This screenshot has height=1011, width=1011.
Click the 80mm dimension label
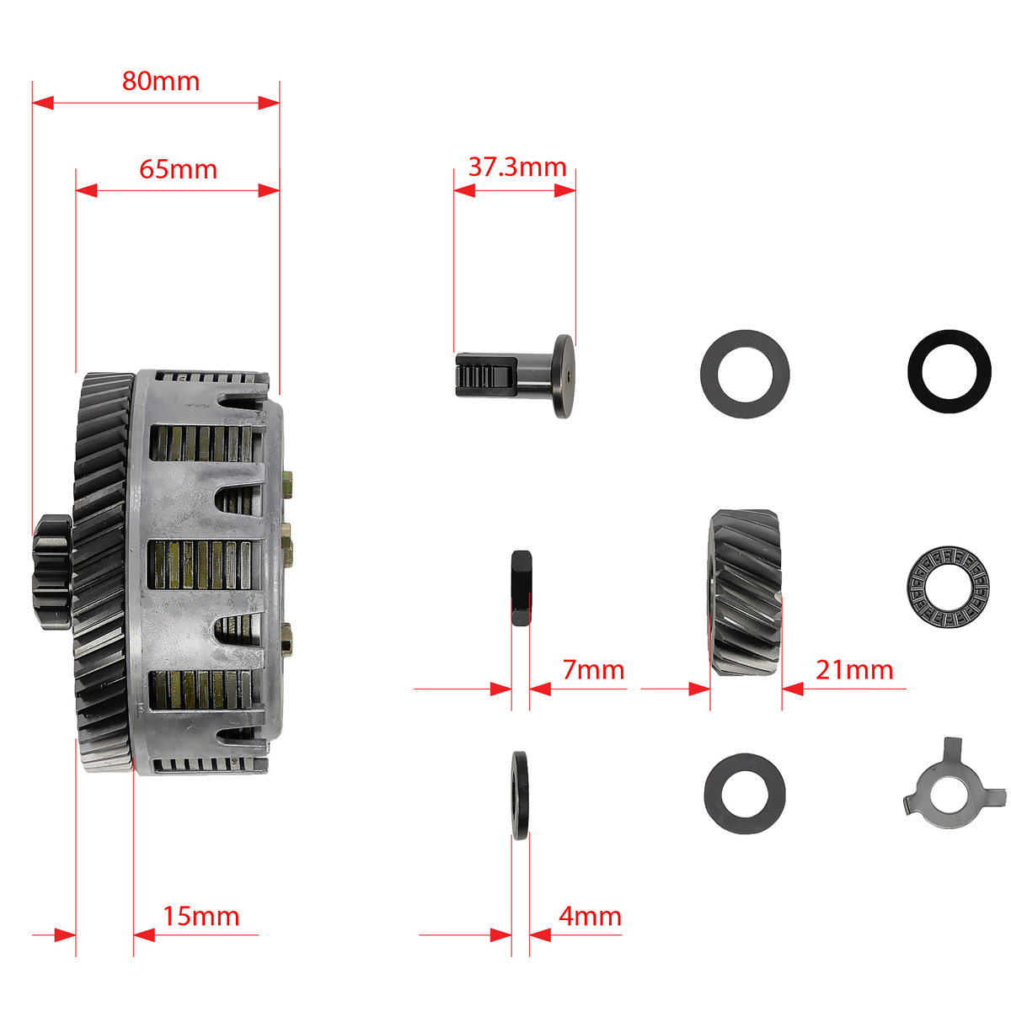tap(161, 82)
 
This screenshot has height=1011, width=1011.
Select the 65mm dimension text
tap(178, 170)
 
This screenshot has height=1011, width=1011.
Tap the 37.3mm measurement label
tap(517, 168)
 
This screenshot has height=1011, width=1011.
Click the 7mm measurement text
tap(593, 670)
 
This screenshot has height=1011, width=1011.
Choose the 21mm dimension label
tap(854, 670)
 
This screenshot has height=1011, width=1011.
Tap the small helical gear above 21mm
tap(745, 592)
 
